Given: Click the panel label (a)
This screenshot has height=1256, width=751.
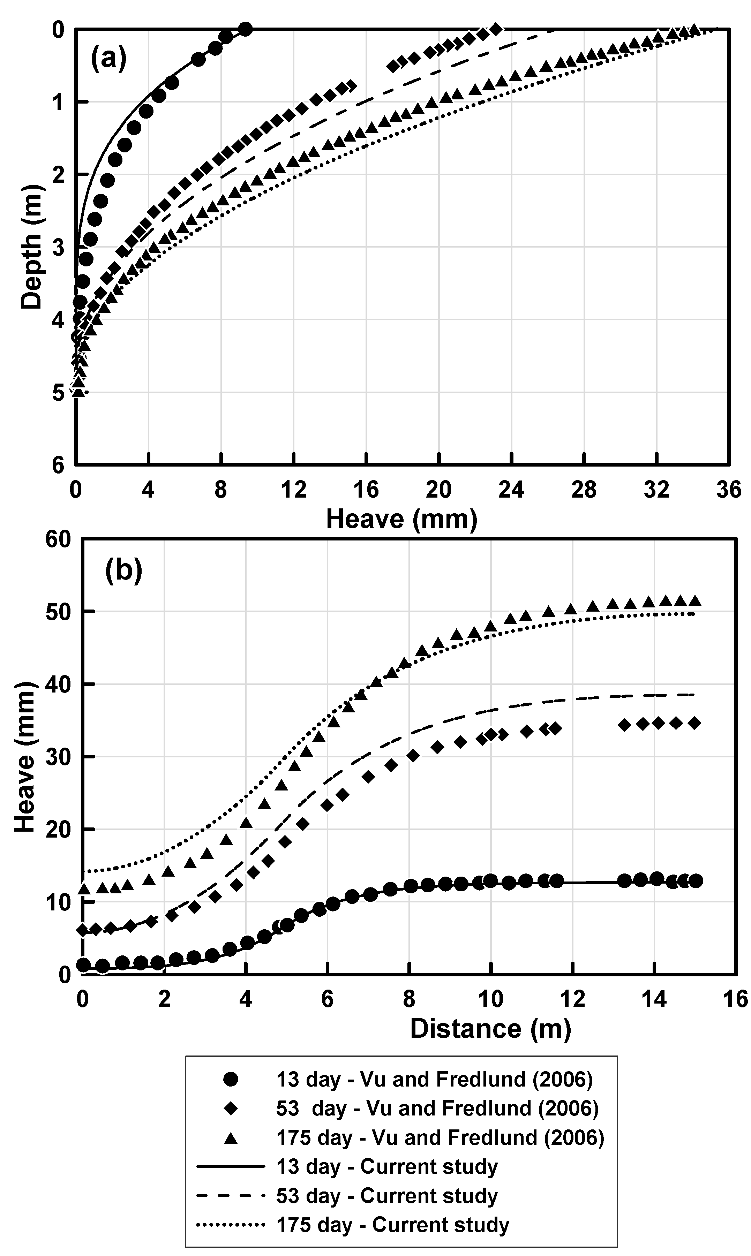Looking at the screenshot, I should (108, 59).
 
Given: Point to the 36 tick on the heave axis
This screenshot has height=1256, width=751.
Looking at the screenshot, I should (729, 490).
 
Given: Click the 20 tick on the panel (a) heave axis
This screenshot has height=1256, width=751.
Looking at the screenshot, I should (438, 490).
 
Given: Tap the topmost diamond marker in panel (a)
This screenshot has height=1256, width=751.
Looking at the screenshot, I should (496, 29).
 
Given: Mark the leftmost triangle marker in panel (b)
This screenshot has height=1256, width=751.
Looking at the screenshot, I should (84, 888).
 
